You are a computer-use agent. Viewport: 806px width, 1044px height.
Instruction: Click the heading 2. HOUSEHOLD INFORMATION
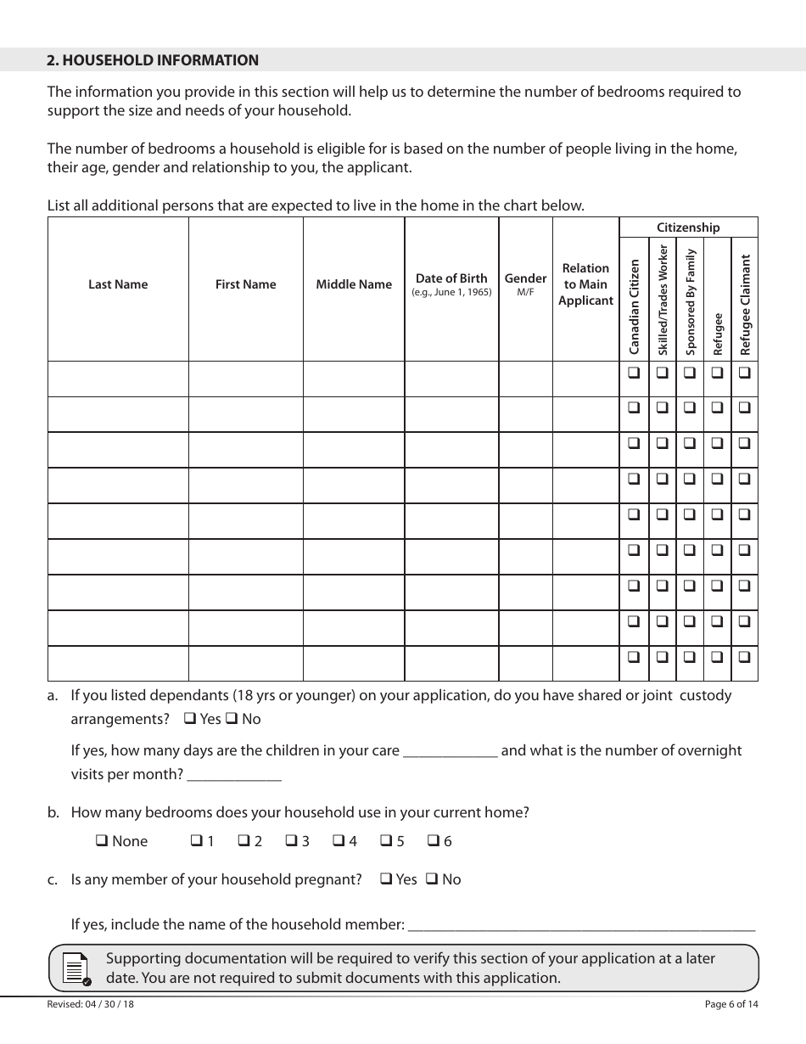pos(153,60)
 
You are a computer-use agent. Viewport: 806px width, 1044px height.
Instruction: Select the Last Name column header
pos(118,284)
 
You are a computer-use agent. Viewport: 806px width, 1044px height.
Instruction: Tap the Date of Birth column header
pos(451,278)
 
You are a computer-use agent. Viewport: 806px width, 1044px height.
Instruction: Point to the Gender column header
pos(525,278)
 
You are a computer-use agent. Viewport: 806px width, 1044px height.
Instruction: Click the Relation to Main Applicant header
pos(585,284)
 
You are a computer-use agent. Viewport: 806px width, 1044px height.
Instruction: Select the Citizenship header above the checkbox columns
pos(688,227)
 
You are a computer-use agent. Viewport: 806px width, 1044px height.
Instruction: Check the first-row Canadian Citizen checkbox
pos(634,372)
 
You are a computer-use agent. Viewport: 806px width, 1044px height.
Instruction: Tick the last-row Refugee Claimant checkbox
pos(744,656)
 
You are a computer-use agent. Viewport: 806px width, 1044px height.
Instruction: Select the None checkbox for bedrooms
pos(101,841)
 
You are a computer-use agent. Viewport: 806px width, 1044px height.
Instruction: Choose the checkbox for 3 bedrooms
pos(290,841)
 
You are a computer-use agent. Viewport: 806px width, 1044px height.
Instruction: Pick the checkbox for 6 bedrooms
pos(433,841)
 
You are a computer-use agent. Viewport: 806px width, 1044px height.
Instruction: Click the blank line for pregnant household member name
pos(581,927)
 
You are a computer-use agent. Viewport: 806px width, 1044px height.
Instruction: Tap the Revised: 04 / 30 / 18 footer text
pos(91,1004)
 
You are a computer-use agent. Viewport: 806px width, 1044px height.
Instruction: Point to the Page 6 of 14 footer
pos(731,1004)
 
